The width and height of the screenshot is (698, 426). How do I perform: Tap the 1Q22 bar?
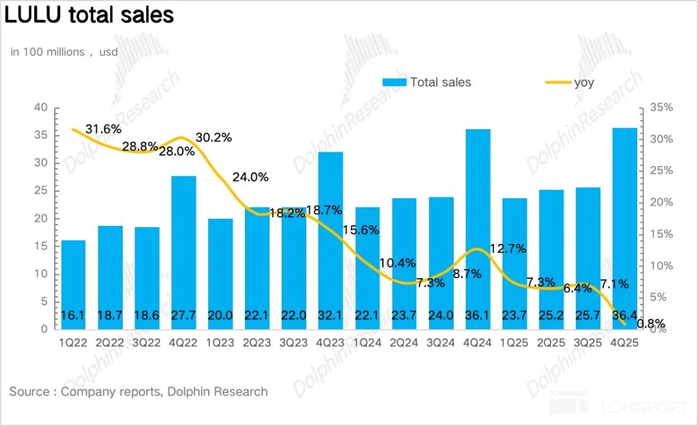tap(73, 284)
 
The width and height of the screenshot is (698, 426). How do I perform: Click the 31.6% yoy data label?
tap(103, 129)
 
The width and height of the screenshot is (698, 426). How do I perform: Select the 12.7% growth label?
tap(509, 249)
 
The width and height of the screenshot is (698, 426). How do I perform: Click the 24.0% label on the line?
tap(251, 177)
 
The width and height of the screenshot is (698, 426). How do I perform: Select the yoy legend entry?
tap(569, 82)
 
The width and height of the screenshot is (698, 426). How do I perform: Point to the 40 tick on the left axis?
tap(41, 107)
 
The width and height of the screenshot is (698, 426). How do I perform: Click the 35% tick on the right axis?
tap(661, 108)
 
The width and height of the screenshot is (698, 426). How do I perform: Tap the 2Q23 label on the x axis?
tap(257, 343)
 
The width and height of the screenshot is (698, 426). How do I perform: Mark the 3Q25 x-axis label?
tap(588, 343)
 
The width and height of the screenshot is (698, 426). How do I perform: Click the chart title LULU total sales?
tap(89, 15)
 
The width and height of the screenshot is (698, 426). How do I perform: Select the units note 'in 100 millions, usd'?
tap(64, 52)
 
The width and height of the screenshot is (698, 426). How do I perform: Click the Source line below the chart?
tap(138, 391)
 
